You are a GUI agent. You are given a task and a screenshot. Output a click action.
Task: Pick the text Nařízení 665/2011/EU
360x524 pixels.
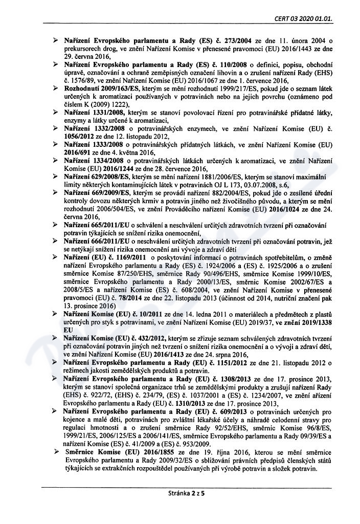pos(98,226)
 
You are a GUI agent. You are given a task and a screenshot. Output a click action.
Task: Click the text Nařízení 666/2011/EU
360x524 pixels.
pos(98,241)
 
